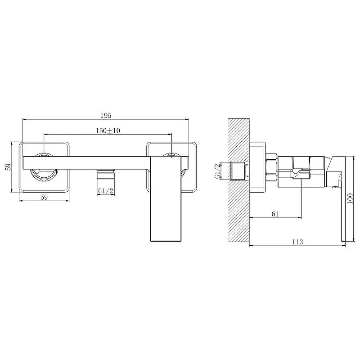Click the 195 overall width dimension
[x=106, y=116]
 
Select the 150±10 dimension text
[x=108, y=130]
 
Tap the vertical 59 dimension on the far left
[x=8, y=167]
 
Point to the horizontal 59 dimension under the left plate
[x=44, y=197]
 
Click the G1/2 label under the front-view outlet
[x=106, y=191]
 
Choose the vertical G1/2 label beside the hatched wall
[x=217, y=171]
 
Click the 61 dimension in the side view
[x=275, y=214]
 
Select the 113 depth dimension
[x=297, y=242]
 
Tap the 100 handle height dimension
[x=350, y=199]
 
